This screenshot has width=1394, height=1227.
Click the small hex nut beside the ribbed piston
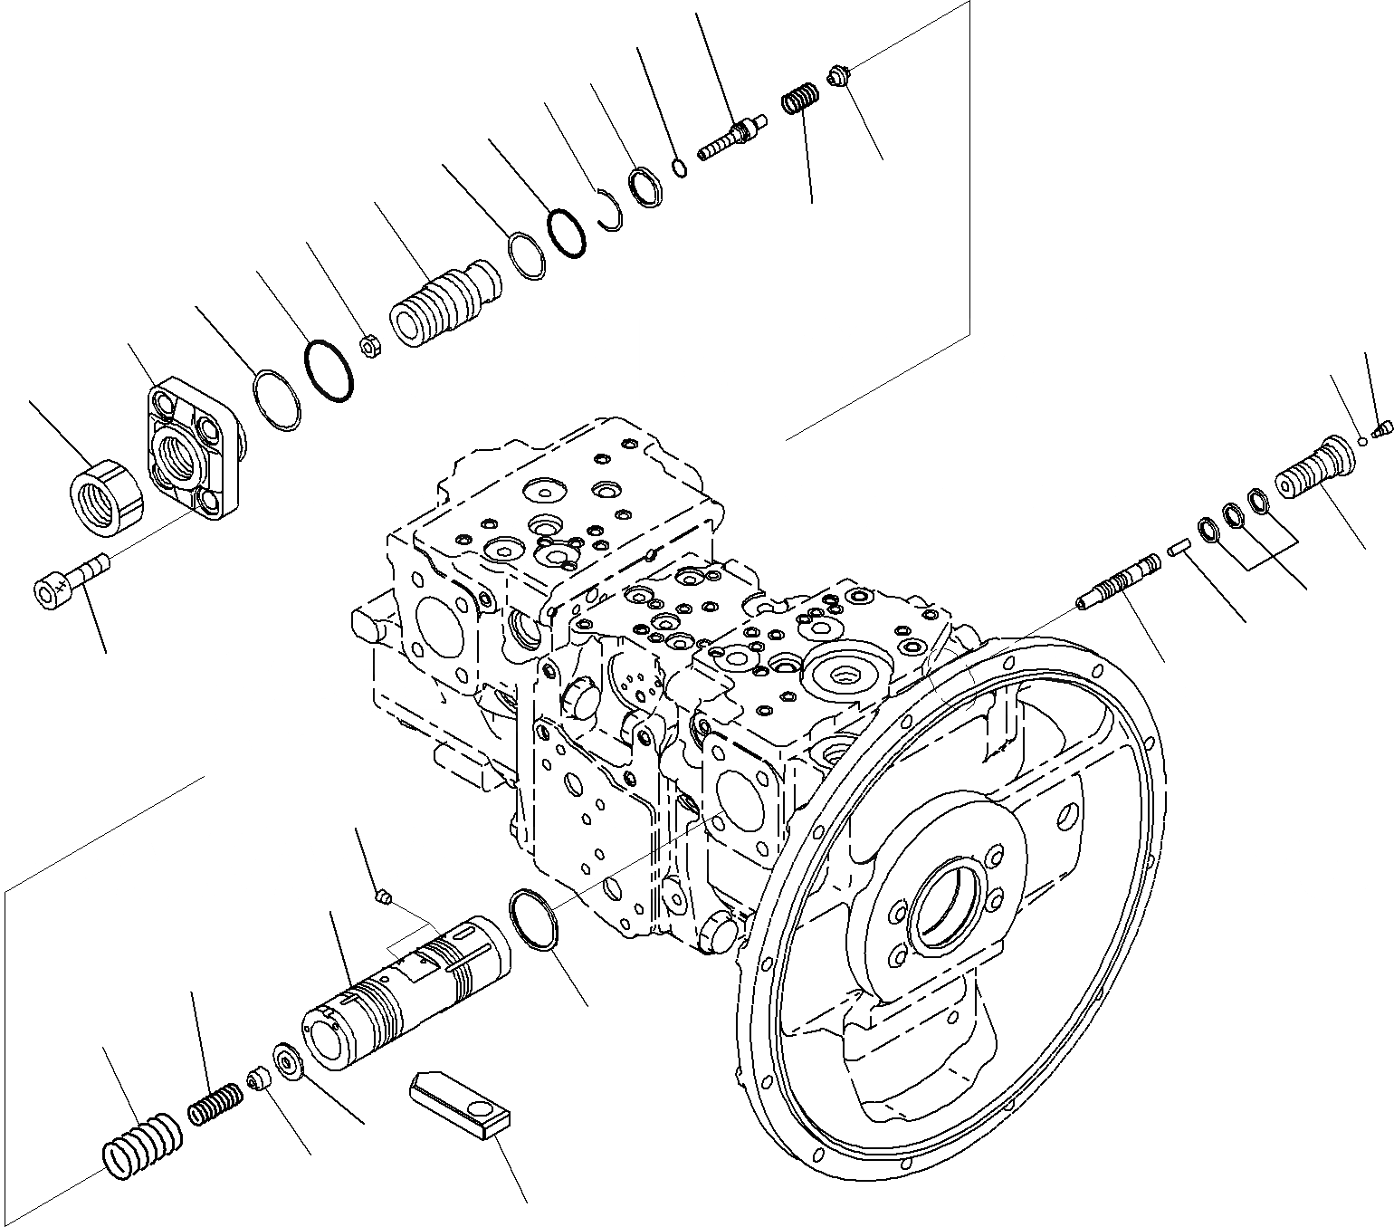(x=371, y=345)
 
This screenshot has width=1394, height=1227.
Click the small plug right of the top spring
(x=837, y=77)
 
